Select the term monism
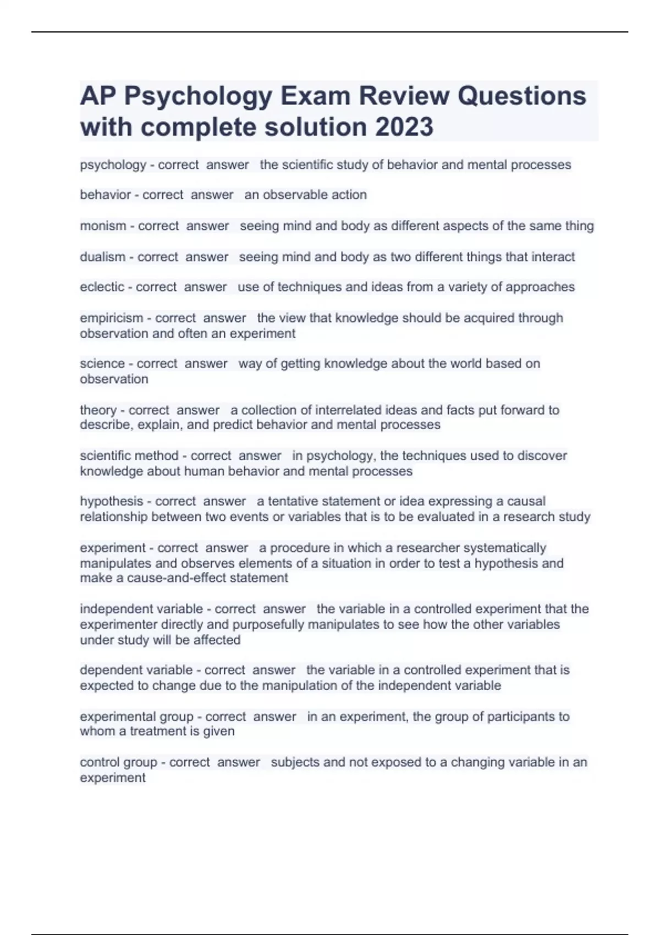click(x=103, y=226)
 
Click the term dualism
click(x=102, y=257)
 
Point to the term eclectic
click(x=102, y=287)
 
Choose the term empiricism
click(x=112, y=318)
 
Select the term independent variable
click(x=141, y=609)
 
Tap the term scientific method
click(x=129, y=456)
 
